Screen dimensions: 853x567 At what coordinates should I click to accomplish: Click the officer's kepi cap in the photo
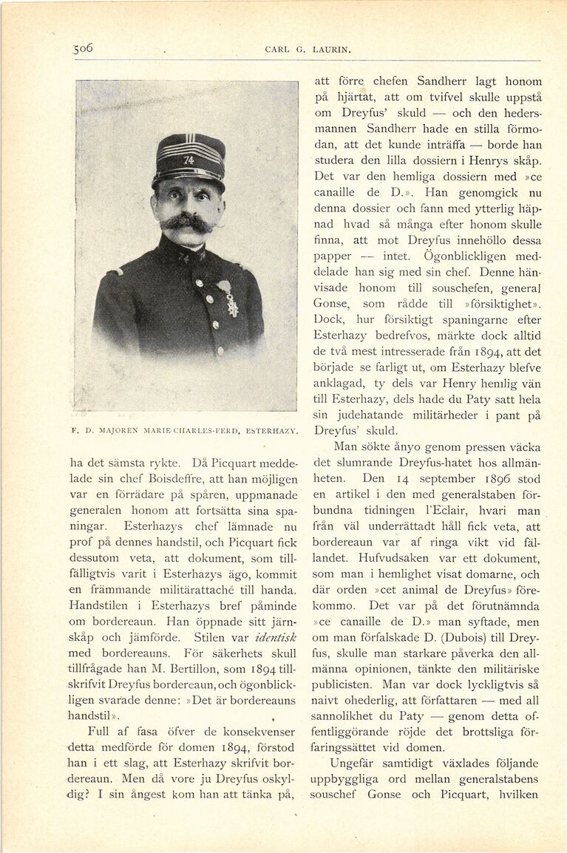[189, 157]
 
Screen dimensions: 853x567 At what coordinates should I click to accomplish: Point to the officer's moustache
[187, 222]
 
